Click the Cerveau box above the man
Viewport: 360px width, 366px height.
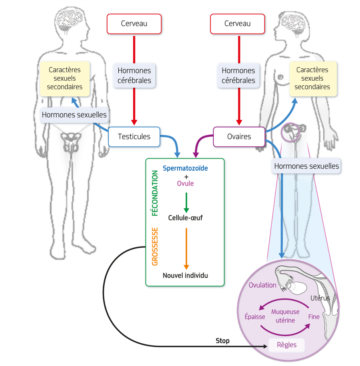point(134,24)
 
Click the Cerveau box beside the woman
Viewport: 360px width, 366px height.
point(237,24)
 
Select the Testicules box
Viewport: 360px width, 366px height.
point(134,137)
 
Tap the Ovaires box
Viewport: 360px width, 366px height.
point(239,137)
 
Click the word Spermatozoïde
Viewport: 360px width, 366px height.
point(185,168)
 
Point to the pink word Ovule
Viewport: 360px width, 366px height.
point(185,183)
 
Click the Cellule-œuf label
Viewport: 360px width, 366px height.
point(185,218)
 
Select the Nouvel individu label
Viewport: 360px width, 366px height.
point(185,276)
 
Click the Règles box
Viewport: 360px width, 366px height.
point(286,345)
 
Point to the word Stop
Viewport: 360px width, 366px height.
point(223,341)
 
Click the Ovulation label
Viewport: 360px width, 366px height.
point(263,285)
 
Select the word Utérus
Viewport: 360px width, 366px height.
point(320,298)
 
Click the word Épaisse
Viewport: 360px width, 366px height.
point(255,317)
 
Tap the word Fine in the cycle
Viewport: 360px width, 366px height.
point(314,317)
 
